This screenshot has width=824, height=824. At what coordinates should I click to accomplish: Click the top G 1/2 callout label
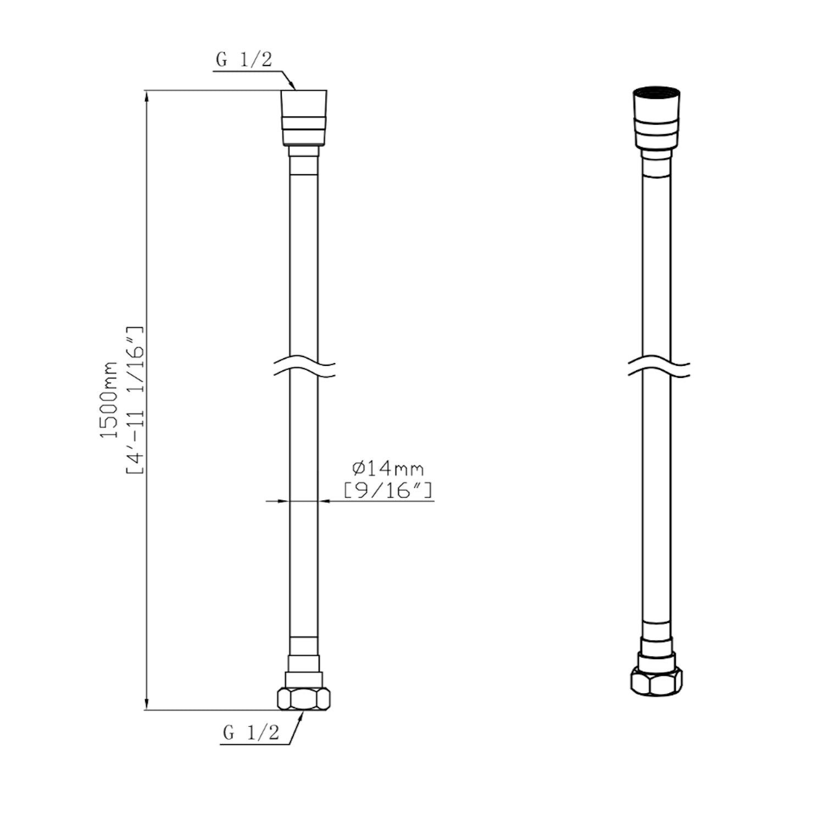click(x=244, y=59)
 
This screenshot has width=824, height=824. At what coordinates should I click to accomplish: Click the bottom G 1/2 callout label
click(x=251, y=732)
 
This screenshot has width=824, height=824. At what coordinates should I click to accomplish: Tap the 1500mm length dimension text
click(x=109, y=400)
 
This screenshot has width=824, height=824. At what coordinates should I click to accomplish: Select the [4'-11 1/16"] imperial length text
click(x=135, y=400)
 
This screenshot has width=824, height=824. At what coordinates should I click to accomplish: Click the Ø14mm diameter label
click(x=388, y=469)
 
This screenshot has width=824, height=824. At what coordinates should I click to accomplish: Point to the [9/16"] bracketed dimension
click(x=388, y=490)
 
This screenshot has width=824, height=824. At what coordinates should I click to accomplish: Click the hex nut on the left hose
click(x=304, y=698)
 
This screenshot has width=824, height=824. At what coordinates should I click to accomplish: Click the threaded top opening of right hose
click(x=656, y=92)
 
